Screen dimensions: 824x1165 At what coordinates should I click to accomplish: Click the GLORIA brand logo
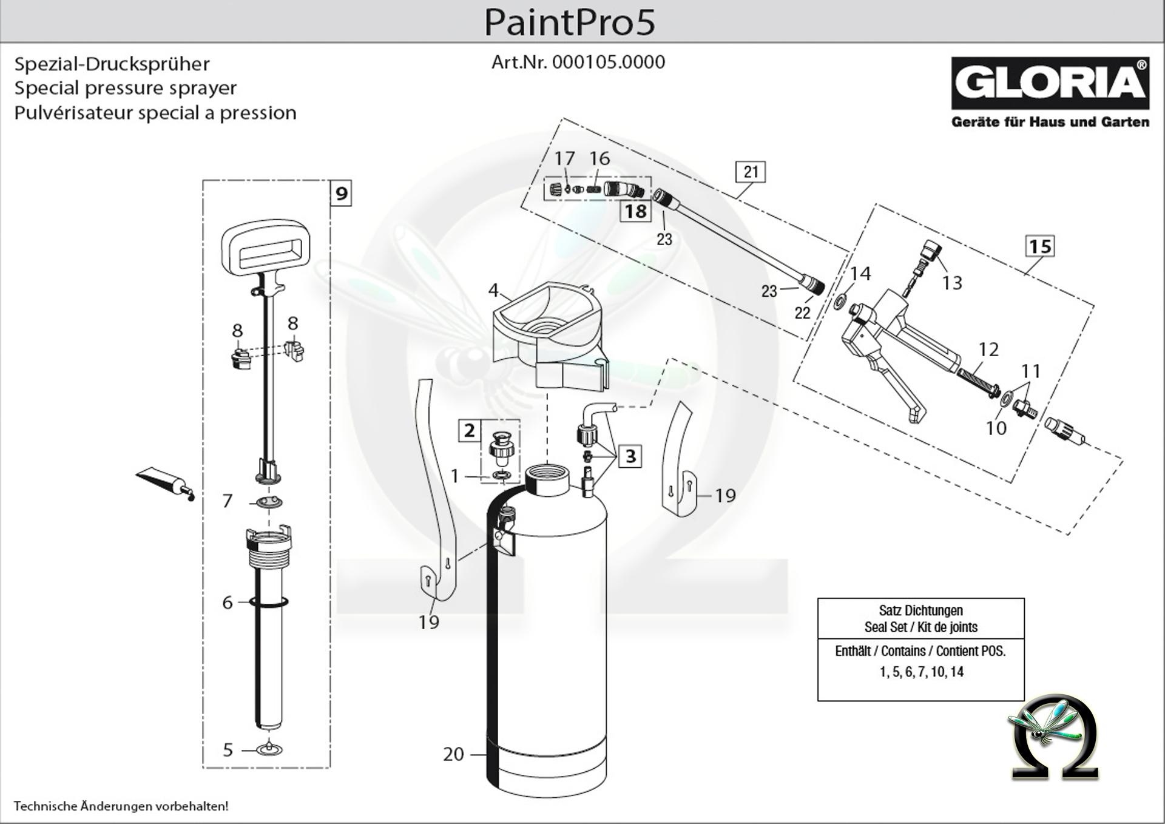(x=1050, y=83)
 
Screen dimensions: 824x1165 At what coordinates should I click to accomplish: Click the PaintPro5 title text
(x=569, y=22)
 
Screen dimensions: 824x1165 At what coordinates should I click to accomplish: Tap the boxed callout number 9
(x=342, y=194)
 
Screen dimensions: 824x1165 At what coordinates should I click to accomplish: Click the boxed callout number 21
(x=751, y=172)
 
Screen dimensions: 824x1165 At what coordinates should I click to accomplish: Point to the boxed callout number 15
(x=1039, y=246)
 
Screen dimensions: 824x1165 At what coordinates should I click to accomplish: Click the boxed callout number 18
(x=635, y=211)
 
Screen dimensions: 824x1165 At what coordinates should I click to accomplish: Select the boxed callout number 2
(x=469, y=431)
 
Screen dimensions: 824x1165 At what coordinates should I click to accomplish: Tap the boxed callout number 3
(x=631, y=456)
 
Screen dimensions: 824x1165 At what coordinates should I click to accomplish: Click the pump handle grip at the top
(x=266, y=249)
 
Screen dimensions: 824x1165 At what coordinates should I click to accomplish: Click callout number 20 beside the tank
(x=453, y=754)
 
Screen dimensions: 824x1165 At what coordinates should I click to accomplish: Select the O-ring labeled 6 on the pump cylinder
(x=268, y=602)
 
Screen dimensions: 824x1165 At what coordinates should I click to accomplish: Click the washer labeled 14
(x=842, y=299)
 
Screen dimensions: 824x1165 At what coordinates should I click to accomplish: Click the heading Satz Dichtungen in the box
(x=920, y=610)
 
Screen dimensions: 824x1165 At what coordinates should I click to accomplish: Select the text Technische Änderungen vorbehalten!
(x=121, y=806)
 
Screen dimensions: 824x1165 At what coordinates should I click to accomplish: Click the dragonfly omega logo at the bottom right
(x=1055, y=738)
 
